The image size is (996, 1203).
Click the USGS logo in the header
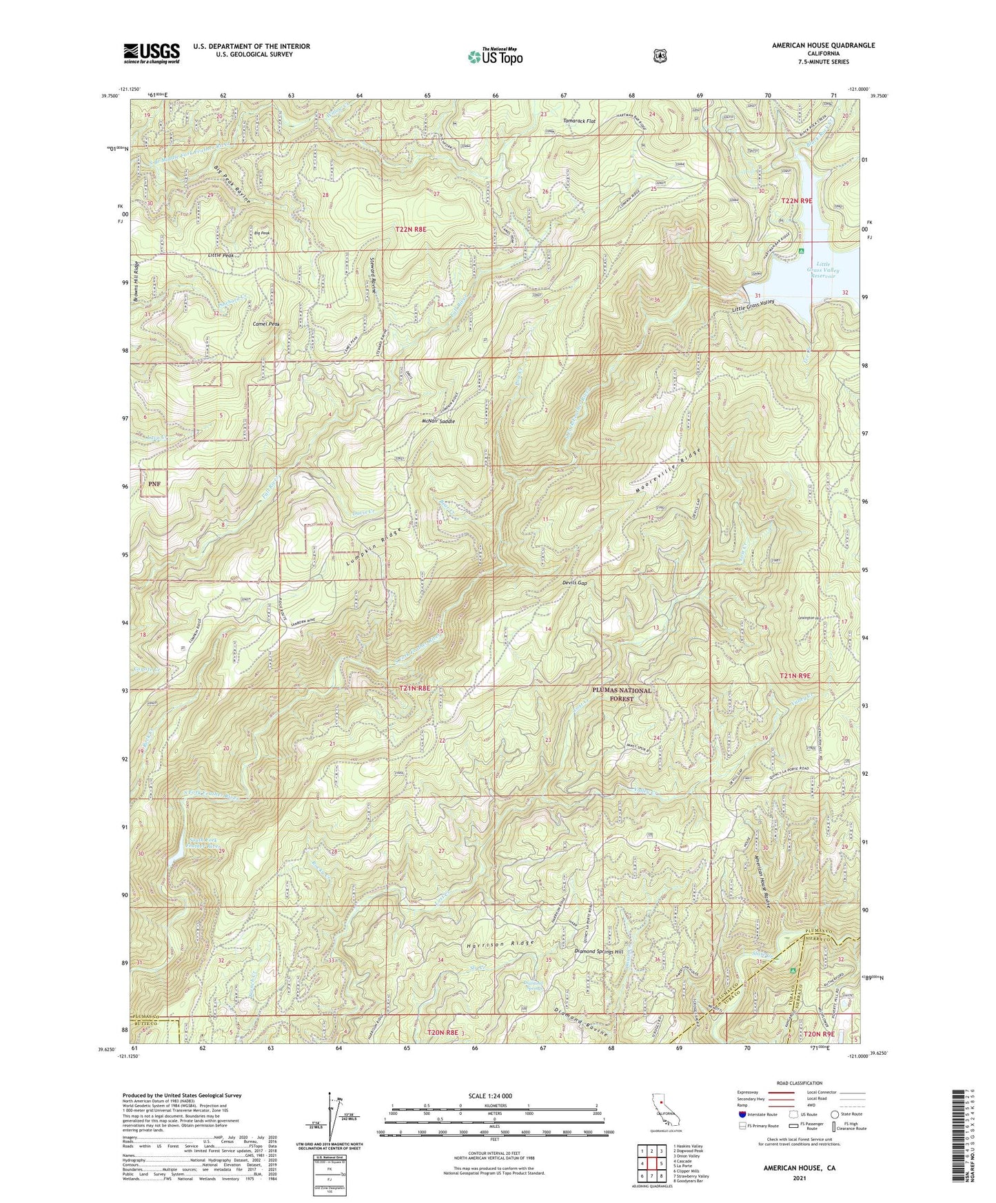pos(152,53)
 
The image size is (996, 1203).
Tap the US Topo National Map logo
pos(494,56)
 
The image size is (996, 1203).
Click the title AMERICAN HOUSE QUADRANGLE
pos(823,45)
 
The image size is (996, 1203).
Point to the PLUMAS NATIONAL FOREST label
pos(622,694)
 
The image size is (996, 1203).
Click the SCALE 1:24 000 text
pos(491,1096)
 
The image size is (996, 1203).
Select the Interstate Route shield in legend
pos(742,1114)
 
